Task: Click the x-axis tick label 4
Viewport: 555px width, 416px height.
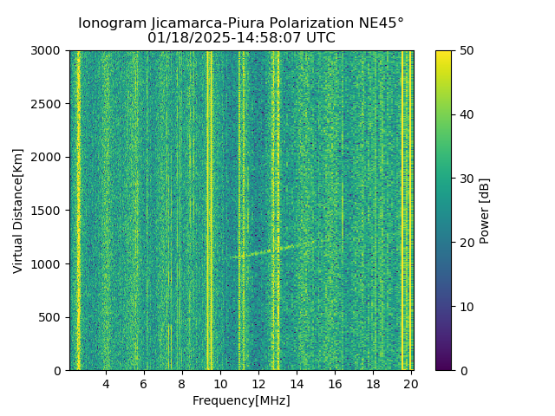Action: pos(106,384)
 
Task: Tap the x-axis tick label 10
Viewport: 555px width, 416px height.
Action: pos(220,384)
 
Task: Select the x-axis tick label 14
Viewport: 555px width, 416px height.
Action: pos(297,384)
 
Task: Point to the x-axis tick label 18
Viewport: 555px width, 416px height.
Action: pos(373,384)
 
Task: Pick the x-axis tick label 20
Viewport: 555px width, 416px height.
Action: pos(411,384)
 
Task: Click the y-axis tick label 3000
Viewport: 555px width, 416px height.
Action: pos(49,51)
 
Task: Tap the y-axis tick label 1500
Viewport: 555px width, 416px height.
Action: pos(49,211)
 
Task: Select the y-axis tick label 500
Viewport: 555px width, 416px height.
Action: pos(52,317)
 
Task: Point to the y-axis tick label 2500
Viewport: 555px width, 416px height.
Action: pos(49,104)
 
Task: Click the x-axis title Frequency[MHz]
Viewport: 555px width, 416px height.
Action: pos(241,400)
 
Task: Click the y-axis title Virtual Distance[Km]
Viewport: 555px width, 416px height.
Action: pos(18,211)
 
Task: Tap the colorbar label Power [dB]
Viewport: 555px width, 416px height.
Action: pos(485,211)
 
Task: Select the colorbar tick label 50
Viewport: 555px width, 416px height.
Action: pos(465,51)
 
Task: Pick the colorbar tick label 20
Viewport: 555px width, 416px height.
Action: pos(465,243)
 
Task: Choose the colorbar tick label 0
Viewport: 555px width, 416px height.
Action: pos(461,370)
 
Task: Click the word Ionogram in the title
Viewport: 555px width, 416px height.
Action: pos(111,23)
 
